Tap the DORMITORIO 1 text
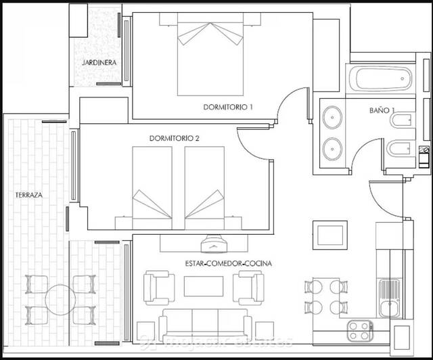click(228, 107)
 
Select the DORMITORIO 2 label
click(174, 138)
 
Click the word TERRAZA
click(29, 195)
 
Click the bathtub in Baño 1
click(379, 81)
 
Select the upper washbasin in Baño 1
click(332, 118)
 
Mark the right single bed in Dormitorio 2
click(204, 184)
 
